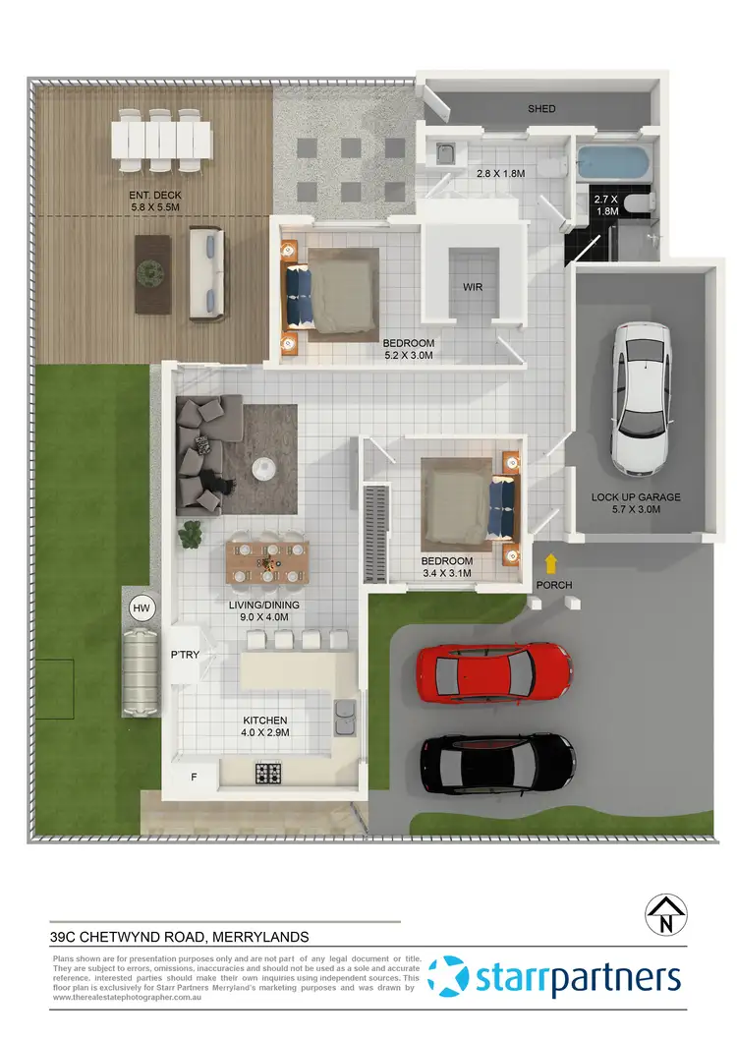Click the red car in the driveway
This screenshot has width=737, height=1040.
tap(494, 673)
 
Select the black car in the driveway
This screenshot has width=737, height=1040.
tap(498, 766)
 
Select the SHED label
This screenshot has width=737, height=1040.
tap(541, 108)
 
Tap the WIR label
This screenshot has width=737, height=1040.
tap(474, 288)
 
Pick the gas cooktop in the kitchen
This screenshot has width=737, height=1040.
tap(269, 774)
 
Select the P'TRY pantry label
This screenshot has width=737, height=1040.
tap(188, 654)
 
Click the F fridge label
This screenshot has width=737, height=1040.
tap(194, 777)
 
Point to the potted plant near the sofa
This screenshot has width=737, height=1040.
tap(189, 534)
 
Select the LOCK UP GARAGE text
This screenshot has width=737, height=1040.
tap(636, 497)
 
